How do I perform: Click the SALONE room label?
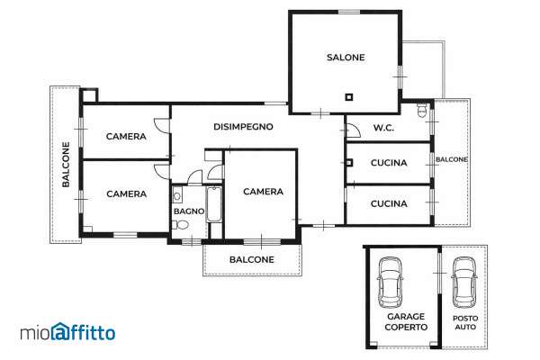pos(346,58)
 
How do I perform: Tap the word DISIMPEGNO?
pos(243,127)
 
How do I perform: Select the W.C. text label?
pos(383,128)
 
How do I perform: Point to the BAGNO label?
pos(189,211)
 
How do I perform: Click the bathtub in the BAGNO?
pos(214,204)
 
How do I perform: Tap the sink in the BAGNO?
pos(177,195)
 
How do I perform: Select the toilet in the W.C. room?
pos(422,110)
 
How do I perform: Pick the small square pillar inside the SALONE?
pos(349,97)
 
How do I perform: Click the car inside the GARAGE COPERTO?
pos(391,283)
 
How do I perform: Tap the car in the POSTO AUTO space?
pos(464,283)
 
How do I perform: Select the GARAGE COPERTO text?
pos(406,322)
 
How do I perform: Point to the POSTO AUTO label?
pos(465,322)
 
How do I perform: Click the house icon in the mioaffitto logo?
pos(60,331)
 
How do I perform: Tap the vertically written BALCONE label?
pos(66,165)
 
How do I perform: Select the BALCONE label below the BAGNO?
pos(252,259)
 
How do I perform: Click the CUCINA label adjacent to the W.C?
pos(389,163)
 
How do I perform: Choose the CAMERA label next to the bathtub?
pos(263,192)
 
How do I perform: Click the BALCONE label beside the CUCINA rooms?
pos(452,159)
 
